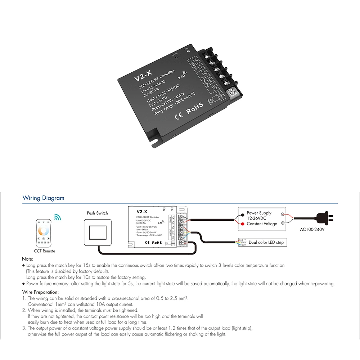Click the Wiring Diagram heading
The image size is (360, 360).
(43, 198)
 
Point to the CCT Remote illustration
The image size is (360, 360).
(44, 233)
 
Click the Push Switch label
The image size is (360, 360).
(97, 213)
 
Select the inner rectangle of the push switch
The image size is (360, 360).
(98, 233)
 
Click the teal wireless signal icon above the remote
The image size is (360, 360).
(58, 217)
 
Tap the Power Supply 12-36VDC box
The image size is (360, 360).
(262, 219)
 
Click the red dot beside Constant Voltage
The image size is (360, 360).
(243, 224)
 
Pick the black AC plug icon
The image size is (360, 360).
(324, 217)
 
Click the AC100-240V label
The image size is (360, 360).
(312, 229)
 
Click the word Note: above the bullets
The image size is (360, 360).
(28, 259)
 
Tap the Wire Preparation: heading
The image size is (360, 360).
(40, 292)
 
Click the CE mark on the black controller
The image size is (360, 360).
(179, 116)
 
